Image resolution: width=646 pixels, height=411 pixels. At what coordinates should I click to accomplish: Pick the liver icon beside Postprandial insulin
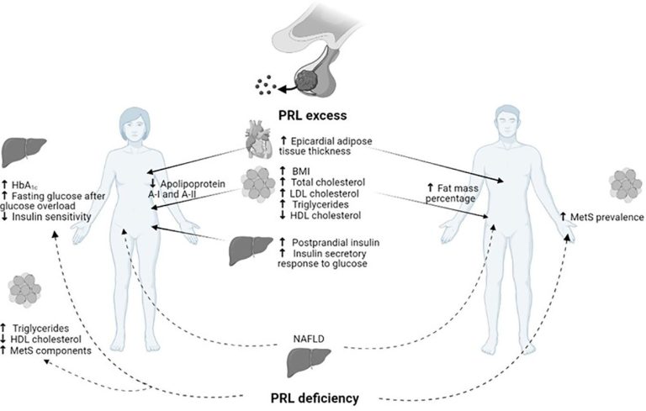coord(249,249)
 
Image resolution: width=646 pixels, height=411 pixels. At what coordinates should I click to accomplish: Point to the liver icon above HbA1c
coord(21,152)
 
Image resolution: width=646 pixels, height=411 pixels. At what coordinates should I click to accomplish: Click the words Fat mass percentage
coord(453,194)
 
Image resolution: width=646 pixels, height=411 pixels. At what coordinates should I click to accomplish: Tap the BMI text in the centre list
coord(302,171)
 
